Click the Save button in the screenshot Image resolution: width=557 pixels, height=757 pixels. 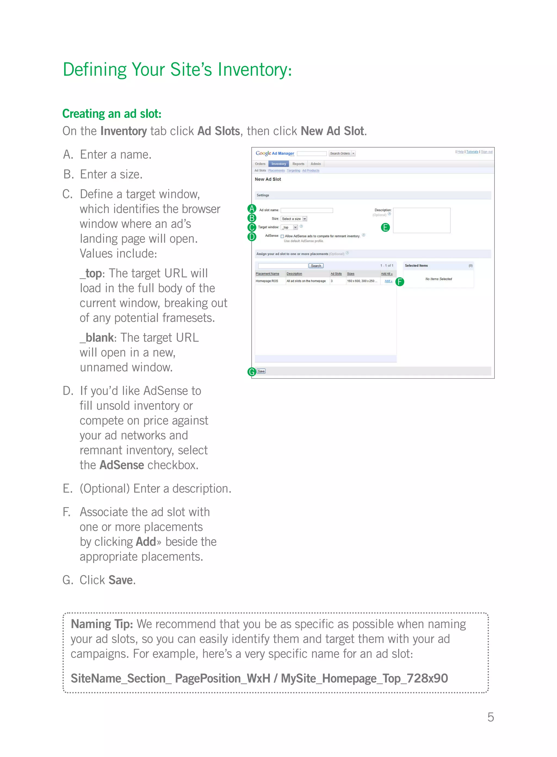(261, 371)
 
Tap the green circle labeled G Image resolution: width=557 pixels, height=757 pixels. (252, 372)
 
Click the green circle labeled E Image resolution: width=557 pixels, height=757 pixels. (385, 228)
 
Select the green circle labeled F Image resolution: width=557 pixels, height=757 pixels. (400, 282)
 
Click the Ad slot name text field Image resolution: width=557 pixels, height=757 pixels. (307, 210)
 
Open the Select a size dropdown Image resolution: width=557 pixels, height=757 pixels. (294, 219)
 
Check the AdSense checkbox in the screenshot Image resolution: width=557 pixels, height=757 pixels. (283, 236)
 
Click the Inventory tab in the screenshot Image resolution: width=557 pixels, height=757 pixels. (278, 164)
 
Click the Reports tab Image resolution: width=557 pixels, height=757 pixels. (298, 164)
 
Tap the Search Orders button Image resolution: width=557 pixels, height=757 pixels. (340, 153)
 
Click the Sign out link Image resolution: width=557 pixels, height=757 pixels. (486, 152)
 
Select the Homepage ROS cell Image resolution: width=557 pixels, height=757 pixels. (267, 281)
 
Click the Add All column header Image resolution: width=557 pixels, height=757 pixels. (386, 273)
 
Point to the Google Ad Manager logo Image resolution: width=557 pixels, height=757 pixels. (275, 153)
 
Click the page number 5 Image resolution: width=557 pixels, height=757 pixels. (491, 717)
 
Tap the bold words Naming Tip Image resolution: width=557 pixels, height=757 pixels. (101, 624)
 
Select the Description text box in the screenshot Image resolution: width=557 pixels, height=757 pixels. (422, 220)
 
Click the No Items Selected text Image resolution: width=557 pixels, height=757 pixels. (438, 279)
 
